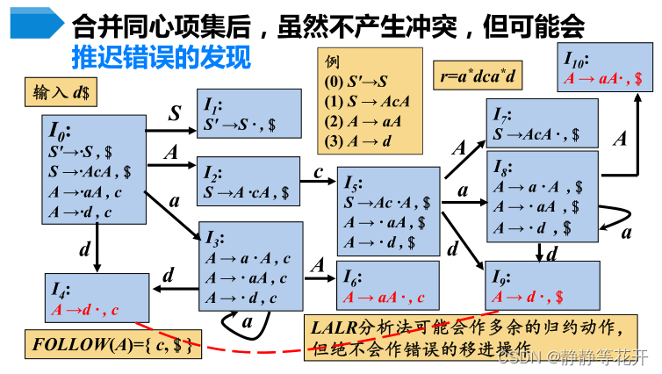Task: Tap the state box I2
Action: (254, 181)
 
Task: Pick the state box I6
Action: (387, 284)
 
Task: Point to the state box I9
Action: (541, 286)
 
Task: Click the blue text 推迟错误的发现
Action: (162, 59)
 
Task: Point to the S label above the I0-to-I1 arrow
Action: (175, 113)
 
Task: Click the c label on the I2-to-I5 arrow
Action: (319, 172)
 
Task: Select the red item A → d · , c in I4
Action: (84, 310)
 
